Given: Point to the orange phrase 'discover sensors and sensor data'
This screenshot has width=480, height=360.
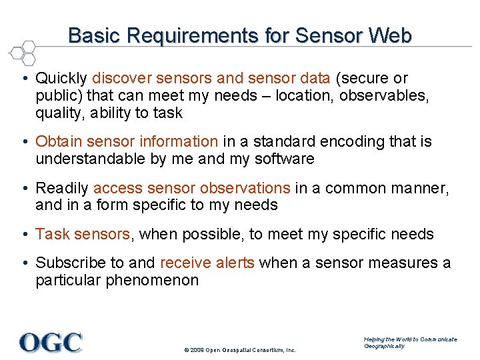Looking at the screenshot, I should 211,79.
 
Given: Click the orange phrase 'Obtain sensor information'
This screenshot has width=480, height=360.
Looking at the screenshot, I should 127,141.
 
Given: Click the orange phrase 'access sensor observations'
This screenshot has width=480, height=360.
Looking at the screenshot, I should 191,188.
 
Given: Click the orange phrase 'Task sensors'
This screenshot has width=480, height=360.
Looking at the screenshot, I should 83,234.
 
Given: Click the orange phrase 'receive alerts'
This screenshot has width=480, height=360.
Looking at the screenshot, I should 207,263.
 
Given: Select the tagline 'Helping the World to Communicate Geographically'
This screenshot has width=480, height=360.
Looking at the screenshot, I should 410,343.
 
